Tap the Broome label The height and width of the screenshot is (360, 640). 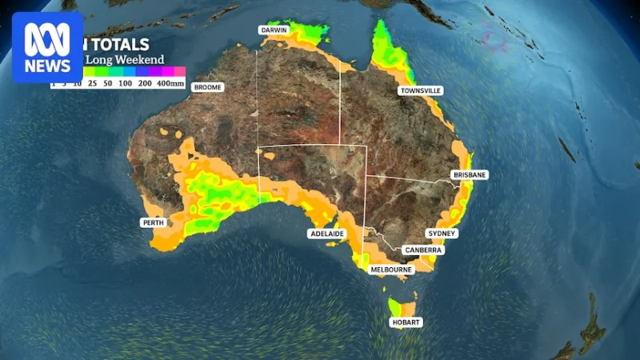207,86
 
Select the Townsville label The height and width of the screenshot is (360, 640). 421,91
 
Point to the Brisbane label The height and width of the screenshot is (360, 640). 470,174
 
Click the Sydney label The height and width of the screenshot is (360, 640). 442,233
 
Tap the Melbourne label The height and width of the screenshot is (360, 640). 391,270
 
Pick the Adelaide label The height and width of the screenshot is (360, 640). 326,234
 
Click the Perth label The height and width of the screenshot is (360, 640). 152,222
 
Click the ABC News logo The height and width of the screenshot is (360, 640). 47,47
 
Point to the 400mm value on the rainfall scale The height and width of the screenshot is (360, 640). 170,82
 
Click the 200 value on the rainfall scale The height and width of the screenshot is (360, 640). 145,82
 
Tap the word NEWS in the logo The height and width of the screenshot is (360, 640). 47,66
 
